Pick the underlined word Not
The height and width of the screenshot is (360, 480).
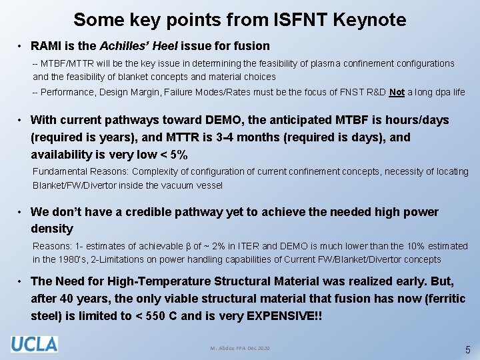[x=397, y=92]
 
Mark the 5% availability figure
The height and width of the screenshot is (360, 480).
[x=178, y=155]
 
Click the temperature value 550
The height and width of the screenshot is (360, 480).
[x=150, y=315]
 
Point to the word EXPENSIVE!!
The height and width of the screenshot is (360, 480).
[x=284, y=315]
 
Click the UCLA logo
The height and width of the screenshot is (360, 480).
[x=33, y=344]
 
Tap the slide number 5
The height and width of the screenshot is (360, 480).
[x=467, y=349]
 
